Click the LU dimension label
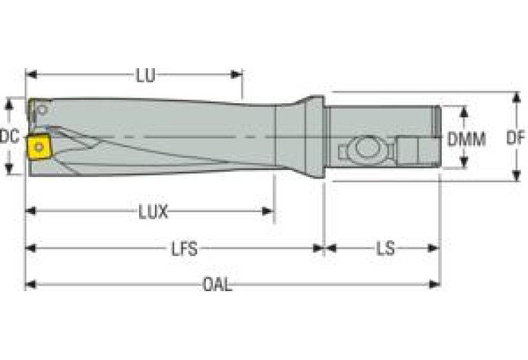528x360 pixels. pyautogui.click(x=146, y=75)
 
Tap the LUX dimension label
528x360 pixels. pyautogui.click(x=154, y=212)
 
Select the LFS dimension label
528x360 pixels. pyautogui.click(x=184, y=249)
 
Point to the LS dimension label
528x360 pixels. pyautogui.click(x=386, y=249)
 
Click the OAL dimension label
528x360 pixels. pyautogui.click(x=218, y=285)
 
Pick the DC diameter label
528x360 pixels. pyautogui.click(x=10, y=137)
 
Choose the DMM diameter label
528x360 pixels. pyautogui.click(x=467, y=139)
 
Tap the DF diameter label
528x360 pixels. pyautogui.click(x=516, y=138)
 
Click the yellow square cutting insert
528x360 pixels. pyautogui.click(x=39, y=147)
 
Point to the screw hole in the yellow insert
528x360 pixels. pyautogui.click(x=39, y=147)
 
